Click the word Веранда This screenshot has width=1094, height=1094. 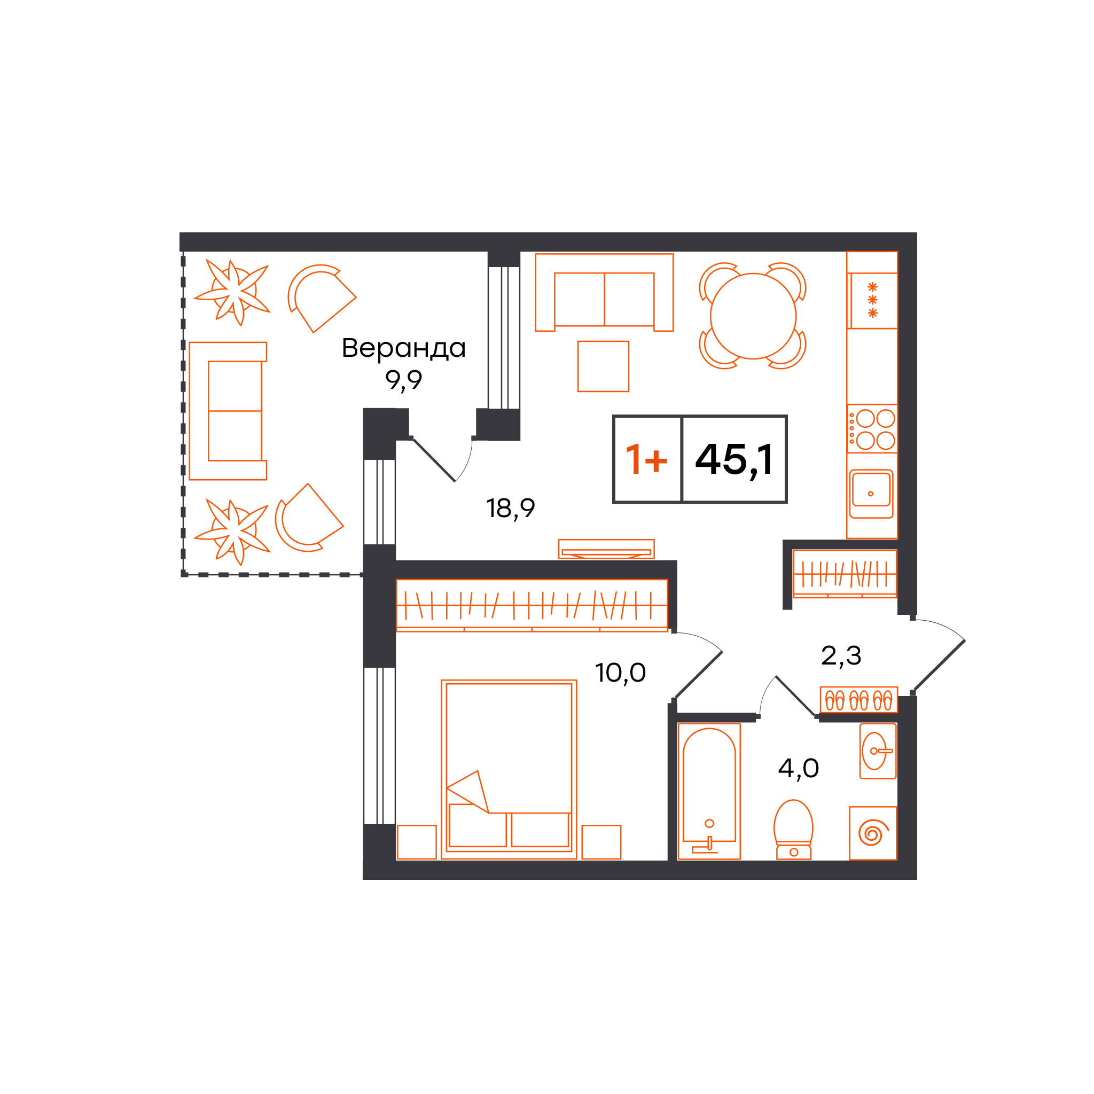[404, 348]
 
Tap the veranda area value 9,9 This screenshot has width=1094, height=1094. [404, 380]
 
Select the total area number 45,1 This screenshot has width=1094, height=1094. [734, 460]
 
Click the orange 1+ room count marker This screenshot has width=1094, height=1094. [646, 459]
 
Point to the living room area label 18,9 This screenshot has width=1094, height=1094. [510, 508]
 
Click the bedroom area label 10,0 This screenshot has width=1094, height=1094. [620, 673]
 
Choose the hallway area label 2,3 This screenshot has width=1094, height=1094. [841, 656]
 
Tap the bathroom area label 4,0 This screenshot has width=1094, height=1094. [799, 768]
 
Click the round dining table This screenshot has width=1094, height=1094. [753, 316]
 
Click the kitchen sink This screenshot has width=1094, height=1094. [871, 493]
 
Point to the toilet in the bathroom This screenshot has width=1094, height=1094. [793, 830]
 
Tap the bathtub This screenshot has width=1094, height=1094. [709, 792]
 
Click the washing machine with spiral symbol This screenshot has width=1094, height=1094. [873, 833]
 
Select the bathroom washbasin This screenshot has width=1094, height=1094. [878, 751]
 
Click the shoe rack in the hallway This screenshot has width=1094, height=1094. [859, 700]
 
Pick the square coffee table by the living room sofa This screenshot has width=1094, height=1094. [603, 366]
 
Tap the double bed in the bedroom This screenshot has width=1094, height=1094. [509, 770]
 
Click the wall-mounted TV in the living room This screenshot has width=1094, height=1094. [606, 549]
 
